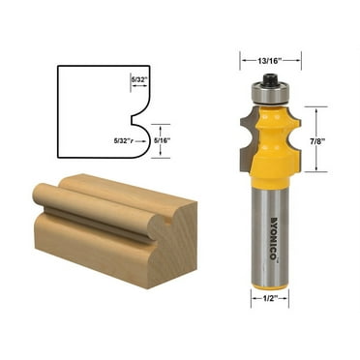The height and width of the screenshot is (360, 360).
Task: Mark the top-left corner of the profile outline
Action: click(58, 67)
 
